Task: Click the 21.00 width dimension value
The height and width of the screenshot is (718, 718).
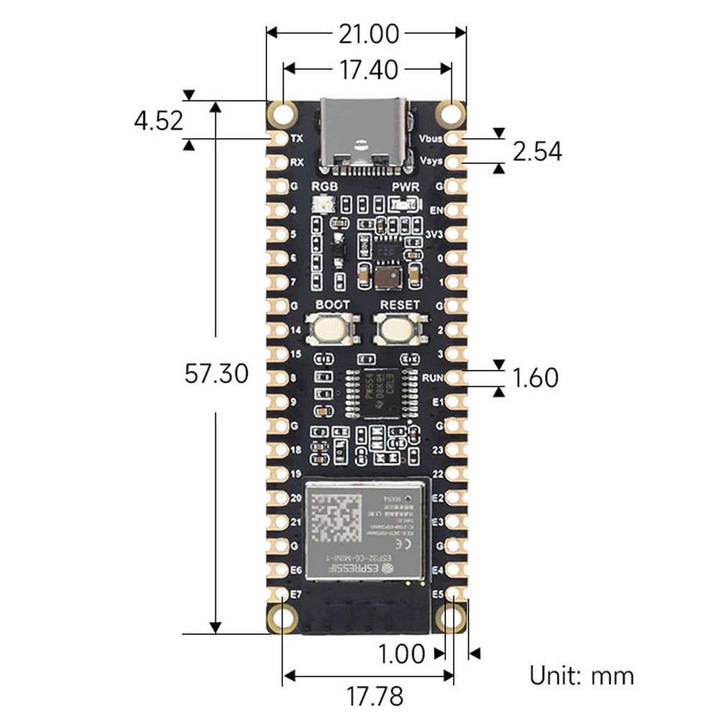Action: (366, 34)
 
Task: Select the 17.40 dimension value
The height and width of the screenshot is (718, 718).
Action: (366, 69)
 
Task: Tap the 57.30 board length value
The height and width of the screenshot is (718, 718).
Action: (216, 373)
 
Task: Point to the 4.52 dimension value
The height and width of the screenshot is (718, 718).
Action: (159, 120)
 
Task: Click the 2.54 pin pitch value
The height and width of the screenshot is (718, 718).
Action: (537, 151)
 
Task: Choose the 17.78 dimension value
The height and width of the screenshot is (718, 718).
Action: (375, 695)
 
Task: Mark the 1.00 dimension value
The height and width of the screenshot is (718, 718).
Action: (401, 653)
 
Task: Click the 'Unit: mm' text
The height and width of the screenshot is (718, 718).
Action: (582, 676)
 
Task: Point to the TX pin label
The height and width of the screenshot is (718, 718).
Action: (297, 137)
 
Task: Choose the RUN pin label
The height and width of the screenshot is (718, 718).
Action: (432, 377)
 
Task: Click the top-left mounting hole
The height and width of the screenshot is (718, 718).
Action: (283, 113)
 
